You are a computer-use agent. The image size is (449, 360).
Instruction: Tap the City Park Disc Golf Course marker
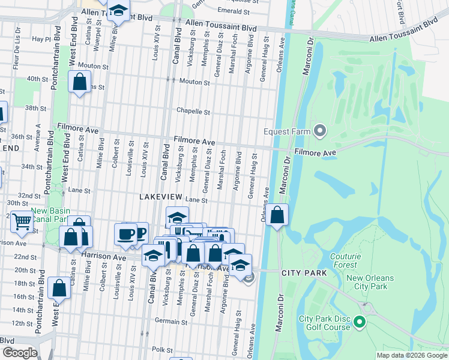pos(360,323)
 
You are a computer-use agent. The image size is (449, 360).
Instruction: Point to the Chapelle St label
pos(193,111)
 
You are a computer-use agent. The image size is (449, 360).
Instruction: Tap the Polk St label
pos(162,349)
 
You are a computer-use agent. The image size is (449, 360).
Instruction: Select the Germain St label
pos(167,322)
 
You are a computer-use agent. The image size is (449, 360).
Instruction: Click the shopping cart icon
pos(22,221)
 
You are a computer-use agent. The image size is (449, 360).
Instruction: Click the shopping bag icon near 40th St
pos(79,82)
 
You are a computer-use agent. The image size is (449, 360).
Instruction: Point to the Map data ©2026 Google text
pos(411,355)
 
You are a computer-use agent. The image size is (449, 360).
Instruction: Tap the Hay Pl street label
pos(41,39)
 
